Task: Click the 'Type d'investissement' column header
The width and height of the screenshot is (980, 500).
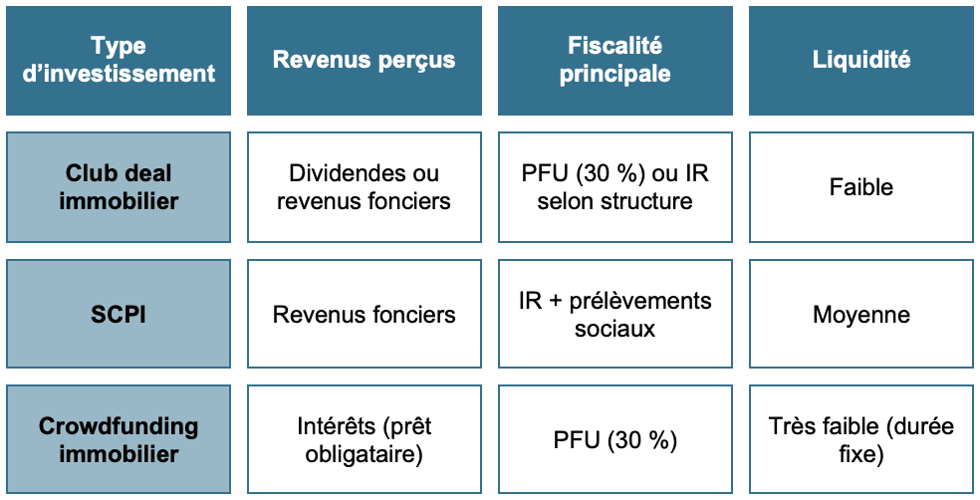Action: coord(119,61)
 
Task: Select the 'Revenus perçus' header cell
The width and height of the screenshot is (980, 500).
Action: coord(365,61)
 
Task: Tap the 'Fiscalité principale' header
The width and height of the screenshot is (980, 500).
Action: coord(615,61)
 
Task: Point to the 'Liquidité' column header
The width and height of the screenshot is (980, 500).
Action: coord(861,61)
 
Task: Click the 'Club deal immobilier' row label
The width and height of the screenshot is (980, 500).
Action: coord(119,187)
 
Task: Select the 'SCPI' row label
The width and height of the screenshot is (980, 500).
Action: coord(119,314)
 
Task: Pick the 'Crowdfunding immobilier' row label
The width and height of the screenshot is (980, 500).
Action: coord(119,439)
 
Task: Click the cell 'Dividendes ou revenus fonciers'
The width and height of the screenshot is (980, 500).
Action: coord(365,187)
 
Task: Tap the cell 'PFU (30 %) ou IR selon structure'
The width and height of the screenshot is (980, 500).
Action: coord(615,187)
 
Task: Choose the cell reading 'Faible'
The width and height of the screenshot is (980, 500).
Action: coord(861,187)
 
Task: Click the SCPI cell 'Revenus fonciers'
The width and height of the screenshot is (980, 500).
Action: coord(365,314)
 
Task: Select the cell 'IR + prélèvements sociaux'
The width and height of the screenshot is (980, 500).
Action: coord(615,314)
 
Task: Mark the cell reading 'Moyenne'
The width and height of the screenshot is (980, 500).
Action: coord(861,314)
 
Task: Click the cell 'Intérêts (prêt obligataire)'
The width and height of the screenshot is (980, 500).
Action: coord(365,439)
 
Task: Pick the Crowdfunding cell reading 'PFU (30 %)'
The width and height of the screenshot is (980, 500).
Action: coord(615,439)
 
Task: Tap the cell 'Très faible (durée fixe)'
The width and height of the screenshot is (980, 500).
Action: coord(861,439)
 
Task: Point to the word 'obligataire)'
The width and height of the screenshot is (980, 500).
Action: coord(364,454)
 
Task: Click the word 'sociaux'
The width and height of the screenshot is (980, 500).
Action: coord(615,328)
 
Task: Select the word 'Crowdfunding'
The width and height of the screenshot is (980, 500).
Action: coord(119,426)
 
